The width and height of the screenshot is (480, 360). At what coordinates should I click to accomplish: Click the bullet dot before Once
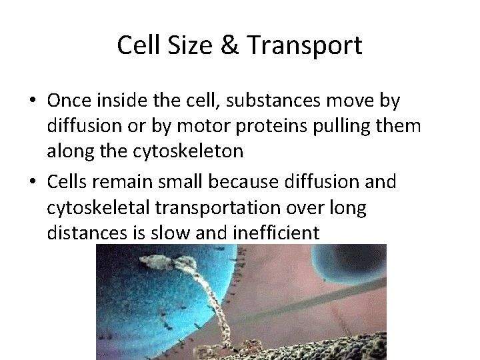click(32, 102)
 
